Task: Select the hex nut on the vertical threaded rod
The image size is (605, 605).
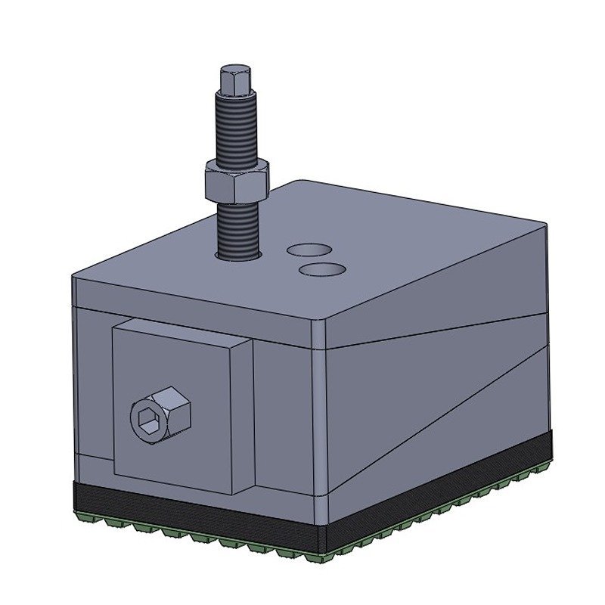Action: coord(236,179)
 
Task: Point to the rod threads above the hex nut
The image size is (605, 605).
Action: coord(236,129)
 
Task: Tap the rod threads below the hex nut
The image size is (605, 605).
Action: coord(237,227)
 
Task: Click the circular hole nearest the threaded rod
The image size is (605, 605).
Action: coord(309,250)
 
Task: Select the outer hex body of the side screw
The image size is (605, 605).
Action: coord(175,408)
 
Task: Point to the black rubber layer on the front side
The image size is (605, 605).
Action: coord(189,514)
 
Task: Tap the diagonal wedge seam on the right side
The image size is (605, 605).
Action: coord(439,408)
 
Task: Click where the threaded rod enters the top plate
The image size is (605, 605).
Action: coord(239,256)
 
